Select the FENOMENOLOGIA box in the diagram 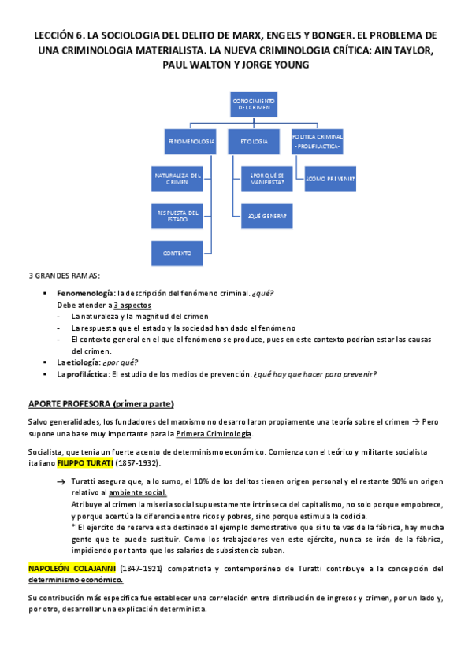click(x=191, y=142)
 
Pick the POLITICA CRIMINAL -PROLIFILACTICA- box click(x=317, y=142)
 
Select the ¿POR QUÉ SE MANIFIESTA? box click(x=266, y=178)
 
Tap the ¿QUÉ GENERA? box click(x=266, y=216)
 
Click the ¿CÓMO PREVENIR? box click(x=329, y=179)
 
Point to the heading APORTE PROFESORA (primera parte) click(x=101, y=404)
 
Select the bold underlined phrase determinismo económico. click(x=72, y=579)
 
